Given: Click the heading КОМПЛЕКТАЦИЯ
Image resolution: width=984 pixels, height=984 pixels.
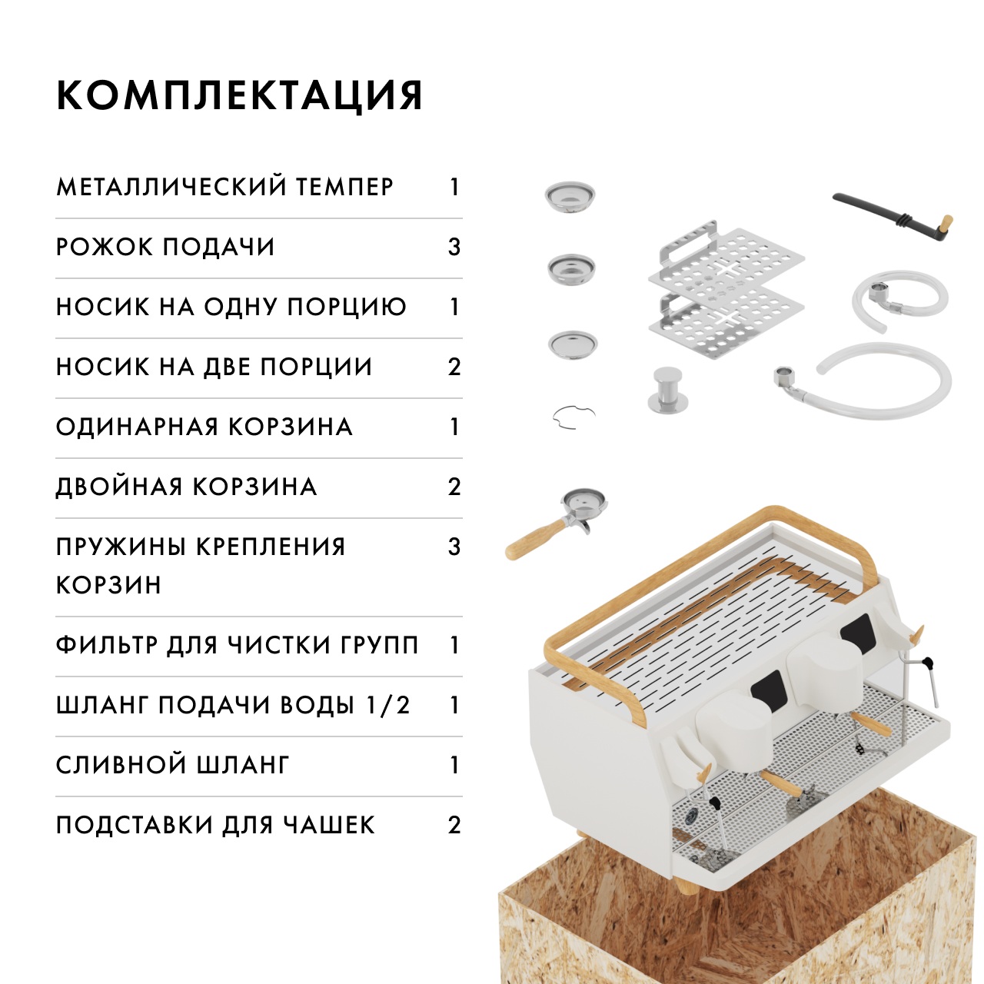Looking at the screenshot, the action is click(x=240, y=95).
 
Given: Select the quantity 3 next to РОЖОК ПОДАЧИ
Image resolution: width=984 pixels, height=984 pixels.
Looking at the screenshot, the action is click(x=454, y=247).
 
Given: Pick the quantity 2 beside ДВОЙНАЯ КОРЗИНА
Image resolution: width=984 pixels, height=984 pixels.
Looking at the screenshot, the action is click(x=454, y=487).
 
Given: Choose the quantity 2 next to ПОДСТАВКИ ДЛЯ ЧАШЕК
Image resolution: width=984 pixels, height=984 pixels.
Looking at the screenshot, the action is click(x=454, y=825).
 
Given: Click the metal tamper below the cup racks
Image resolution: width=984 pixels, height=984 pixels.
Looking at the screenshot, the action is click(x=668, y=389).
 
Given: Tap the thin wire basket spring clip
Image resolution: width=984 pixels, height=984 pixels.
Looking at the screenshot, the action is click(x=574, y=416).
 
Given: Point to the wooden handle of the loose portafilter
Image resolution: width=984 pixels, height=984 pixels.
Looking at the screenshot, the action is click(x=535, y=539).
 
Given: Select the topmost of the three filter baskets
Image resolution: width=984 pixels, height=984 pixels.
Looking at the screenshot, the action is click(x=570, y=195).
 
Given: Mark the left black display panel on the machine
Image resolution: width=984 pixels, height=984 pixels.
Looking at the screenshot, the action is click(x=768, y=690).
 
